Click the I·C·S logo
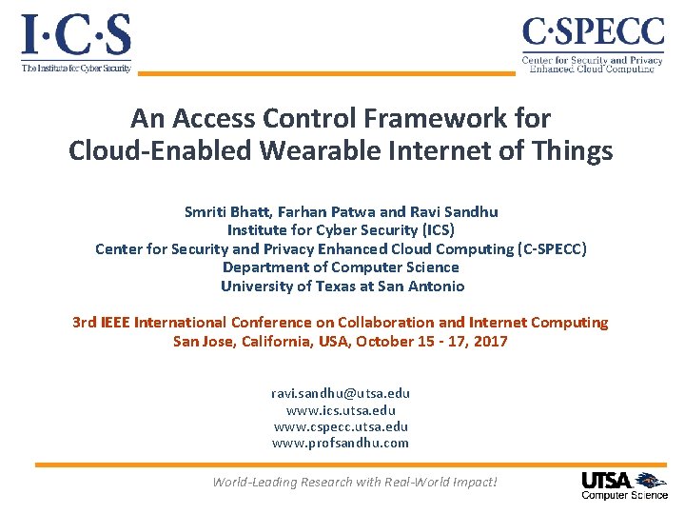76,43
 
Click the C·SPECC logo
592,44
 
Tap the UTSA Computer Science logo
624,484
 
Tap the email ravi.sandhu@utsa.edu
341,393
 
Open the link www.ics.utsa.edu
341,410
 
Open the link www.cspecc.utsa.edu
341,426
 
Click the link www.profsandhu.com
341,443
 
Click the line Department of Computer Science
341,267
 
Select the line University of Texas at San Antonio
342,286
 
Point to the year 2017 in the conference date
491,341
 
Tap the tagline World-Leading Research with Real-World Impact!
354,482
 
